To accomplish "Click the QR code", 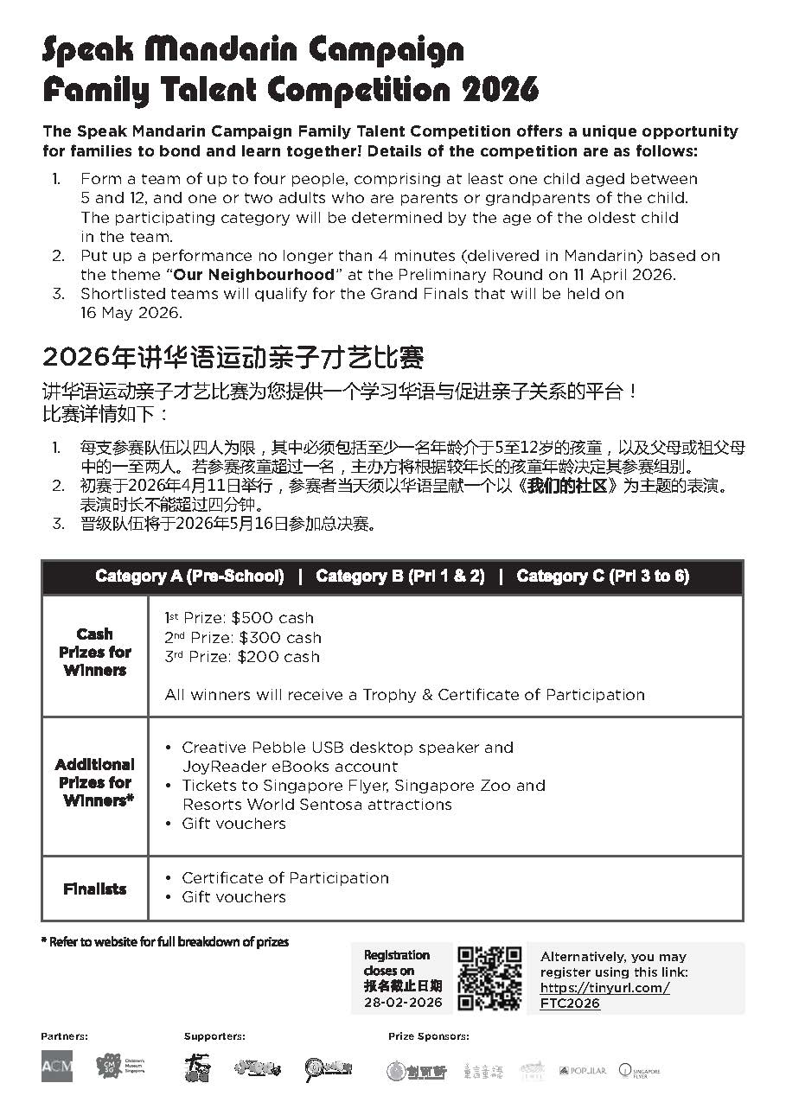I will point(489,978).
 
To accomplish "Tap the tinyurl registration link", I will point(604,995).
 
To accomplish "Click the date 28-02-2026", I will point(402,1003).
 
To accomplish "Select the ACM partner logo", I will point(57,1066).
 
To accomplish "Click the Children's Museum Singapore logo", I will point(120,1066).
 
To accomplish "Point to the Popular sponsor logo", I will point(582,1070).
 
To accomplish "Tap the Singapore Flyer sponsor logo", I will point(639,1070).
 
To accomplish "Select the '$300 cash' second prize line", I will point(243,638).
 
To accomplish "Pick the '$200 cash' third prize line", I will point(242,657).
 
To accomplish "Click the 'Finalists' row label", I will point(95,889).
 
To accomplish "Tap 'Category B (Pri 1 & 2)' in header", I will point(399,577).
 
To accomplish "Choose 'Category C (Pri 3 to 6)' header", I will point(603,577).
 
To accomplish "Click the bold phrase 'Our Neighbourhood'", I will point(253,275).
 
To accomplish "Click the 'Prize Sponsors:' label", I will point(429,1035).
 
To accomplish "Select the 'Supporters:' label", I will point(214,1035).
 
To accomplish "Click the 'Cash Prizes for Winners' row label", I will point(95,652).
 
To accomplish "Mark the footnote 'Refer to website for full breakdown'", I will point(165,941).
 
